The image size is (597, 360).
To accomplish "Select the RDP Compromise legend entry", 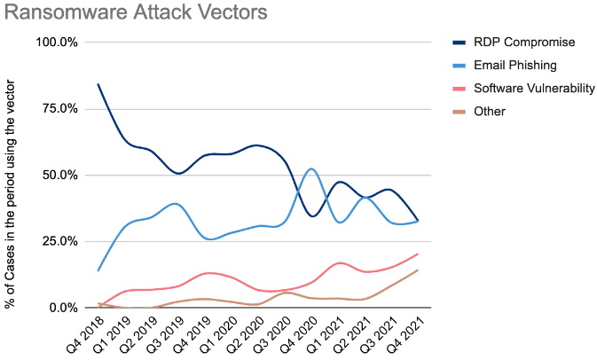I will pyautogui.click(x=524, y=42).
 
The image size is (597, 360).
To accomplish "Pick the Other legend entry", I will pyautogui.click(x=490, y=112).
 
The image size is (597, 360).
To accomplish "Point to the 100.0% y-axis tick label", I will pyautogui.click(x=57, y=43).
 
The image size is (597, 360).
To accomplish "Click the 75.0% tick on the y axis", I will pyautogui.click(x=60, y=109).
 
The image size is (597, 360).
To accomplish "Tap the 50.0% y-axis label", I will pyautogui.click(x=60, y=176).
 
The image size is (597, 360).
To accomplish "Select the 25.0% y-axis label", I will pyautogui.click(x=60, y=241).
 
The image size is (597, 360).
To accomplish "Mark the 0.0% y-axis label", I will pyautogui.click(x=64, y=308).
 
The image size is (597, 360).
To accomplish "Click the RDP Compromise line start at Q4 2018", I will pyautogui.click(x=98, y=84).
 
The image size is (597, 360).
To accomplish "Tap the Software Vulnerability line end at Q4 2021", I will pyautogui.click(x=418, y=254).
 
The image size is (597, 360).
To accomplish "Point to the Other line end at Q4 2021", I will pyautogui.click(x=418, y=270).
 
